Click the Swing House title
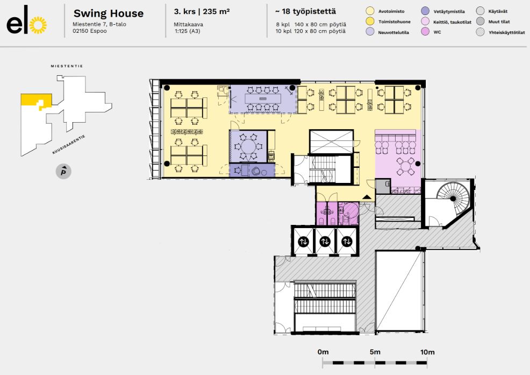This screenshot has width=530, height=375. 109,13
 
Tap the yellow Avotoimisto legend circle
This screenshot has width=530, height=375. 370,11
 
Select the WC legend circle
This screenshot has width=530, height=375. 425,32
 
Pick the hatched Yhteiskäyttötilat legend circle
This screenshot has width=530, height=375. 481,32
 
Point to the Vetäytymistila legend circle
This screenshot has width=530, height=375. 425,11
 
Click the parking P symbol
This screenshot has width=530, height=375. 63,172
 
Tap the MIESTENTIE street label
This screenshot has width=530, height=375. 67,66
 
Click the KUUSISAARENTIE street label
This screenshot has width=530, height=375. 69,145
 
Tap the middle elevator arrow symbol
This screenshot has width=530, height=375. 325,242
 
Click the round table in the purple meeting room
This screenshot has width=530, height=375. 249,147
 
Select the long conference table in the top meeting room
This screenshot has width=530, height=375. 263,98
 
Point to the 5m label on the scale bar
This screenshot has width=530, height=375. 375,352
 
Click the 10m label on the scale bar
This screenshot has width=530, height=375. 427,352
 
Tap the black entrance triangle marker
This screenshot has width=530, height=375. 367,197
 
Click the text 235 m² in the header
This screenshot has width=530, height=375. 216,11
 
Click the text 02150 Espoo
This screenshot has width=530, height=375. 90,31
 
